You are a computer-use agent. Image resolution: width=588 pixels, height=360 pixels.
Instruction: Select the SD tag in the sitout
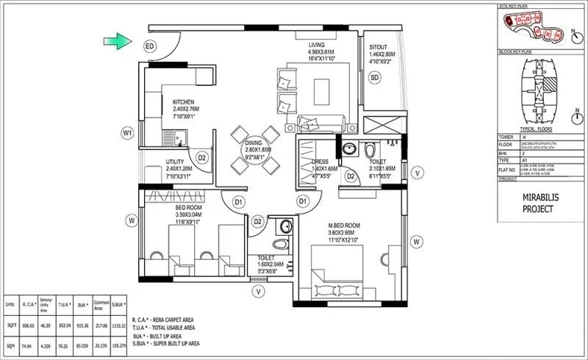[374, 78]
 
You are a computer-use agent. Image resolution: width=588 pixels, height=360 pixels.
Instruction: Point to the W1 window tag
[128, 133]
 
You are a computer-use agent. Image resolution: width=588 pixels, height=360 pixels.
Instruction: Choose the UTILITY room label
[175, 161]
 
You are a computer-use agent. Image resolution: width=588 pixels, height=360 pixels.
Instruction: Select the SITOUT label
[381, 46]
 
